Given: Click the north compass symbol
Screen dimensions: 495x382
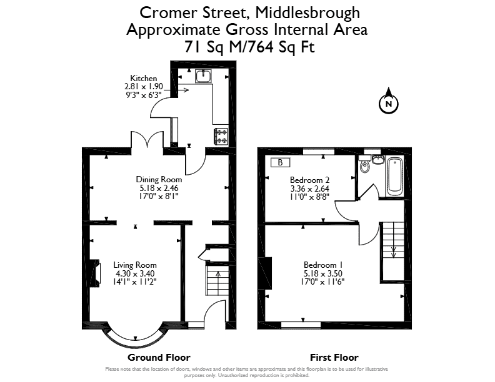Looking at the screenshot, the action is (x=389, y=101).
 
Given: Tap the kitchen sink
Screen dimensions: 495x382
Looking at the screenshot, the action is (x=203, y=76).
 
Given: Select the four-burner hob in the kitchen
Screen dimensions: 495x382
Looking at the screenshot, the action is (x=221, y=136).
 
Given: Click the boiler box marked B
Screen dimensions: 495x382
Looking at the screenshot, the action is (x=281, y=162).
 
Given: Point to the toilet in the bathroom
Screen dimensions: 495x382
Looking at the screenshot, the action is (x=365, y=164).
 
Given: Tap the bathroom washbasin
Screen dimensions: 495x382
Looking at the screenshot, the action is (x=377, y=159).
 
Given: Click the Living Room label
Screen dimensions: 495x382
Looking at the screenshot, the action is (x=135, y=265).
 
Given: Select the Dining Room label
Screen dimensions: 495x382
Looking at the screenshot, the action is (x=159, y=179).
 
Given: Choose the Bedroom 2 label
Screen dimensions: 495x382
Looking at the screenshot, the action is (x=310, y=180).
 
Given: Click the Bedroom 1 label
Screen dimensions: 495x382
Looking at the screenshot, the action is (x=323, y=265).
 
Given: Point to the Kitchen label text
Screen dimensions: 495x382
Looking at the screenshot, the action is (x=144, y=78).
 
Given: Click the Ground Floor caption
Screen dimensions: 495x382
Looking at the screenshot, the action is (x=159, y=358).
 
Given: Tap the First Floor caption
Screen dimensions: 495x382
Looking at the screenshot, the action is (x=334, y=358).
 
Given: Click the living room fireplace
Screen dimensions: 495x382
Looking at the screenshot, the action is (x=95, y=273).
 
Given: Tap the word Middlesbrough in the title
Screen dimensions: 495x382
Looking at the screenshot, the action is (x=307, y=13).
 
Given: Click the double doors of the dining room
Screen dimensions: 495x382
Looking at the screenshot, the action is (x=147, y=140).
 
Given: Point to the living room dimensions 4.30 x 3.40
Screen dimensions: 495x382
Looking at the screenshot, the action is (x=135, y=273).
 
